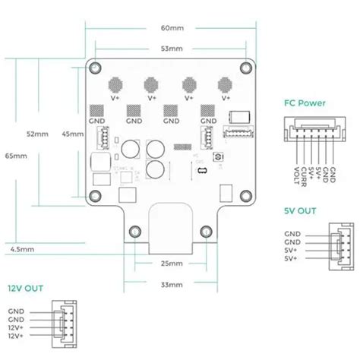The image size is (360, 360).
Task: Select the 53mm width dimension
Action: click(x=171, y=49)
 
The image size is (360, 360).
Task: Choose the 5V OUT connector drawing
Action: click(x=337, y=246)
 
